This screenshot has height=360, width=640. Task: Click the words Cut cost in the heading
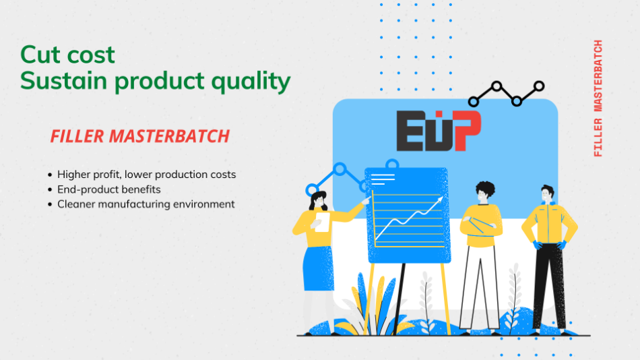pos(67,54)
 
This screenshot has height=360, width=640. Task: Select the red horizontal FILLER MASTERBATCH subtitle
pos(140,136)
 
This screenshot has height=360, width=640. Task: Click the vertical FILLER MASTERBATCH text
pos(598,99)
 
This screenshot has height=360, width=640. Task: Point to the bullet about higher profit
pos(146,175)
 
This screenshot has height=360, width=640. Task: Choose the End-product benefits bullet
pos(108,189)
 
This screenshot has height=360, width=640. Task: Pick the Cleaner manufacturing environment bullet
pos(146,204)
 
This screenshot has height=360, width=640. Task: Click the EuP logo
pos(438,131)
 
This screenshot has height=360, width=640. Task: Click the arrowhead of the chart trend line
pos(440,200)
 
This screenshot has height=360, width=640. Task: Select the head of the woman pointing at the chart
pos(318,200)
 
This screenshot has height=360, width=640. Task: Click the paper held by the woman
pos(323,222)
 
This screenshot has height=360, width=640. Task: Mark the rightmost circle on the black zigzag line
pos(539,86)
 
